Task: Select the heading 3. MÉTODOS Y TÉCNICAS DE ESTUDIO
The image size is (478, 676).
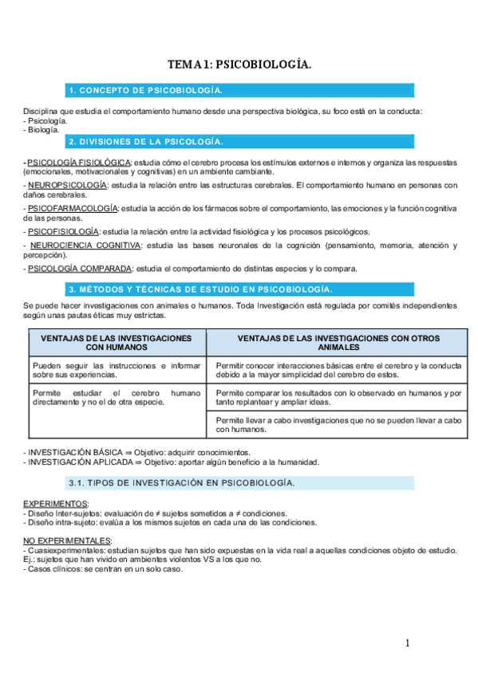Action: click(200, 289)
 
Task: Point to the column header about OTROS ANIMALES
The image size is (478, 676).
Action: click(338, 343)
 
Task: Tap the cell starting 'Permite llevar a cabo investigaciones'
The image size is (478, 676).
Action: click(338, 424)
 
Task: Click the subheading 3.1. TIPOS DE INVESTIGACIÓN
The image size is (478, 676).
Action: click(182, 483)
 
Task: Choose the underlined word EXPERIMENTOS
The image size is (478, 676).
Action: click(56, 504)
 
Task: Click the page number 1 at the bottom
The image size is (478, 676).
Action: click(407, 643)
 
